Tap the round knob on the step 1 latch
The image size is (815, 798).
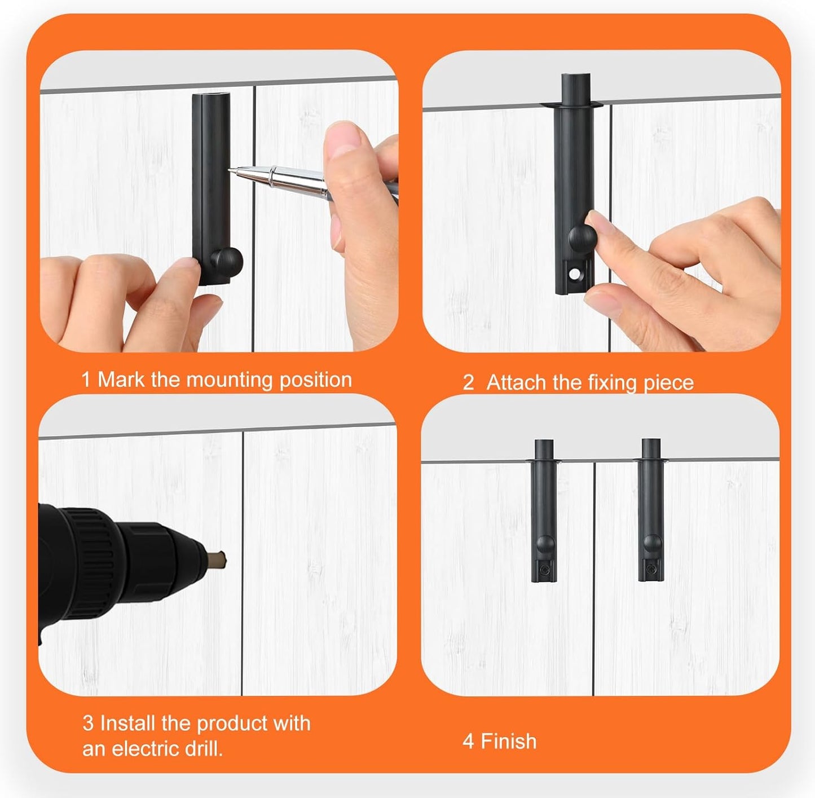point(226,260)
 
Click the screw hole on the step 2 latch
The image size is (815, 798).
point(574,275)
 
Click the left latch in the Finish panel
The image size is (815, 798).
point(544,510)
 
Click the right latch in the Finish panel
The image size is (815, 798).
point(651,510)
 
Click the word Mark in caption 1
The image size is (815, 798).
point(121,380)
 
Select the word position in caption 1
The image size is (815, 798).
point(316,381)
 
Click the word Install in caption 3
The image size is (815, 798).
point(128,723)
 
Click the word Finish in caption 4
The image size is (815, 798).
point(508,741)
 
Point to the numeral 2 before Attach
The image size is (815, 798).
point(468,383)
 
